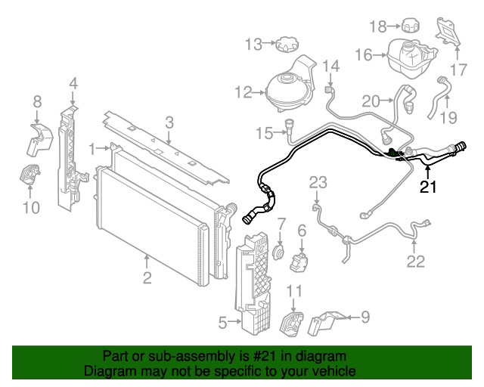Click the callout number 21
pos(429,187)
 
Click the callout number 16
pos(364,54)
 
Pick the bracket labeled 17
pos(446,32)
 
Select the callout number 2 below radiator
pos(147,277)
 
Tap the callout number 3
pos(169,122)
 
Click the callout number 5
pos(222,324)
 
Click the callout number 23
pos(318,181)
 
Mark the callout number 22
pos(417,262)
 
